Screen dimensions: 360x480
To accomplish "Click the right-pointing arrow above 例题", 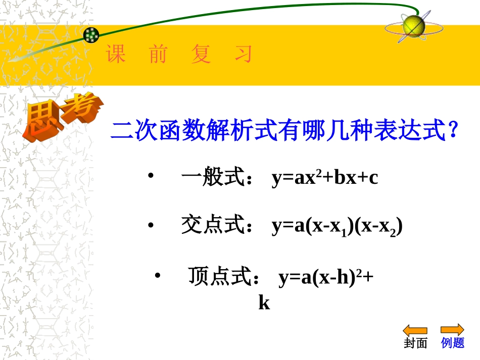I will (452, 330).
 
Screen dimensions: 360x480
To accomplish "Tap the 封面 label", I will (415, 343).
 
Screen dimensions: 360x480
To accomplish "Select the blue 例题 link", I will (452, 343).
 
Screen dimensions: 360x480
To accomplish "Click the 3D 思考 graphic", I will (61, 116).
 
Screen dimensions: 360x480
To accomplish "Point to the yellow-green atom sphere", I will (413, 25).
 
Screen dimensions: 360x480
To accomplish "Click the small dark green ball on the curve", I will (91, 35).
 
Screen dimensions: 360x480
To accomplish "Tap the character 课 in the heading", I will (116, 55).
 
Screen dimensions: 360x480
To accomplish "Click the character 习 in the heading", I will (243, 55).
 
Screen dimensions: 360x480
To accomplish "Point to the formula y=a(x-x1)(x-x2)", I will (337, 227).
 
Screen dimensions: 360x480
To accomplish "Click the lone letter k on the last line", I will (264, 303).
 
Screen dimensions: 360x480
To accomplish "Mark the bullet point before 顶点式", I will (157, 276).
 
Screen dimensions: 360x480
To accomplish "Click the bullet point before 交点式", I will (150, 225).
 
